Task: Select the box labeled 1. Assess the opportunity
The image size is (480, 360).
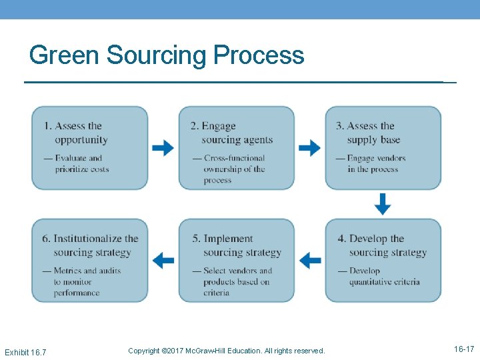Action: point(90,148)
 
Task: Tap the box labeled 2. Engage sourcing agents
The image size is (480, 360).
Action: point(236,148)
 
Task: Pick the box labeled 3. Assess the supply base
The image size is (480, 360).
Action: point(383,148)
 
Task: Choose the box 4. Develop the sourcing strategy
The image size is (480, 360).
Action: point(383,261)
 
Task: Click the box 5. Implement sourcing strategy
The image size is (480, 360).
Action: point(236,261)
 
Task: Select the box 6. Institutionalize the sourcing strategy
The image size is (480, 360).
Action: point(90,261)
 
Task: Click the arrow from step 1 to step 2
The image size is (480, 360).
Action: point(163,148)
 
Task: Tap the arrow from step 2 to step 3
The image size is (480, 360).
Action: point(309,148)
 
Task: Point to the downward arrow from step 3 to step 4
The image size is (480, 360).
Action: point(383,204)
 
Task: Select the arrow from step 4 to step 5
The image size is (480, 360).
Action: point(310,260)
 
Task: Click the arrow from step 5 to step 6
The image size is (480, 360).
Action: point(163,260)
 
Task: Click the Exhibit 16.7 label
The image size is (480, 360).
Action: point(25,351)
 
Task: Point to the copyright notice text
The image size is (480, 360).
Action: point(227,351)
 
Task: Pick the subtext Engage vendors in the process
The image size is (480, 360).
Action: point(376,163)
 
